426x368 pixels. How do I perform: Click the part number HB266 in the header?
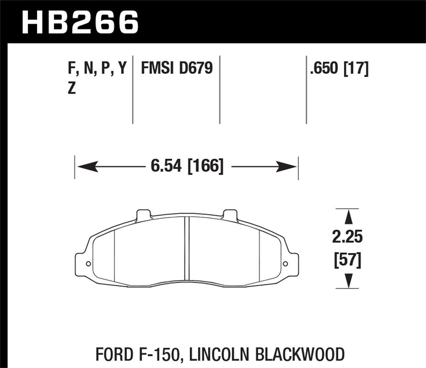[x=80, y=22]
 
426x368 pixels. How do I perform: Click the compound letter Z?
[x=72, y=89]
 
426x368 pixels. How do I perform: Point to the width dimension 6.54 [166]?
[x=187, y=166]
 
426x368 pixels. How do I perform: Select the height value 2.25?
[x=348, y=237]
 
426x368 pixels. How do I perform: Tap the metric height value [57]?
[x=348, y=260]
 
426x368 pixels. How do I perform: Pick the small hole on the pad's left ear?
[x=88, y=264]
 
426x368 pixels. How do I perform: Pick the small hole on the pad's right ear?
[x=285, y=264]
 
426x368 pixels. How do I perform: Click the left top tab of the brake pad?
[x=143, y=214]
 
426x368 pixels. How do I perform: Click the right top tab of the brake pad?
[x=230, y=214]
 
